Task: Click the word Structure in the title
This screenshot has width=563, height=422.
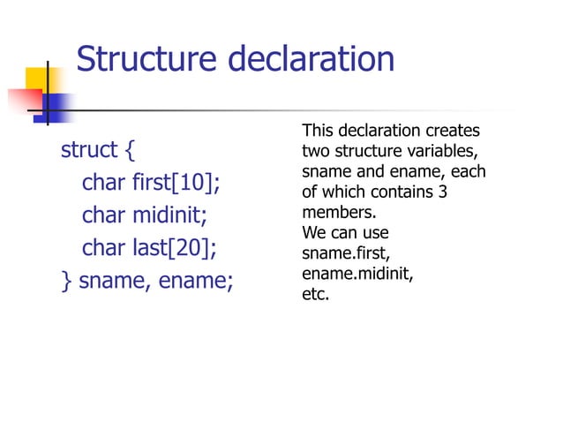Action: tap(146, 60)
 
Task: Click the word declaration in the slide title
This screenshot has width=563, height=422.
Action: tap(312, 60)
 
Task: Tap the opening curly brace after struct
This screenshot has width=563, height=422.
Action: tap(130, 151)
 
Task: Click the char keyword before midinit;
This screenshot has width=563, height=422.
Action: tap(103, 215)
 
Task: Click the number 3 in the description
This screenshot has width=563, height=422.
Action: tap(442, 192)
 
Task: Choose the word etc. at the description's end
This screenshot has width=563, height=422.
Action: tap(315, 295)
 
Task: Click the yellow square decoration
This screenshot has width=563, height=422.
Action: tap(39, 82)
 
